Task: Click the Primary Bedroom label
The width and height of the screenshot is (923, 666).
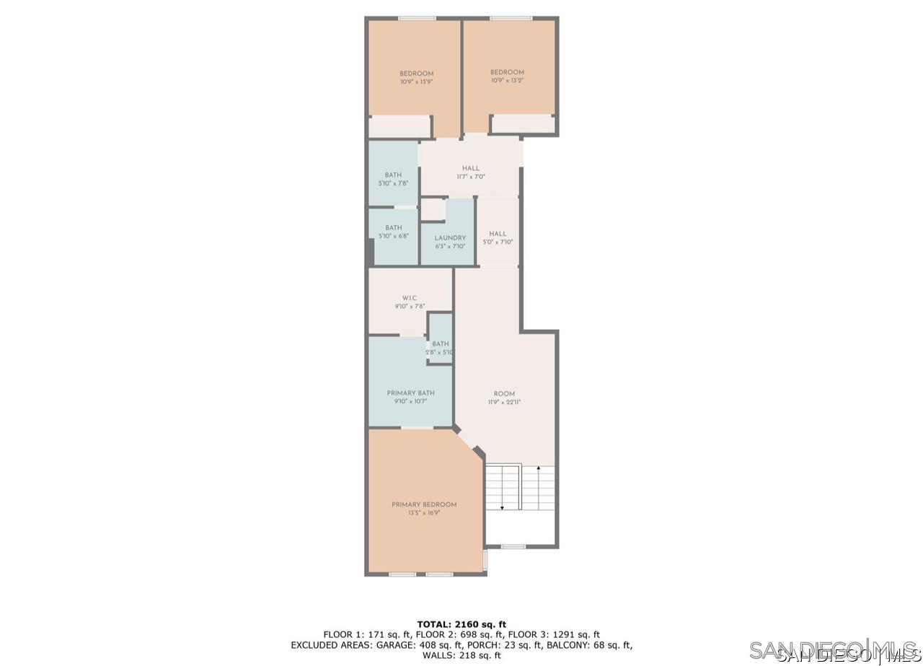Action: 424,504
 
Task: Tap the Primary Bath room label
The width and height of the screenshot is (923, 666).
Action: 410,393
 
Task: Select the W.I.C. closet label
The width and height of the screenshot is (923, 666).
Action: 410,298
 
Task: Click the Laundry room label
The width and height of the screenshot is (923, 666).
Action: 450,238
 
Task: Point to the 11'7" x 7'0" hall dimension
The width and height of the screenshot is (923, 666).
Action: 470,177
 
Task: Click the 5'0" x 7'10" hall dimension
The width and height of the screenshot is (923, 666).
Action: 498,242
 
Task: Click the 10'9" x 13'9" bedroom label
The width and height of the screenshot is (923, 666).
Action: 416,82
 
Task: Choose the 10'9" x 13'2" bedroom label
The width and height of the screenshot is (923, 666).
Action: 507,81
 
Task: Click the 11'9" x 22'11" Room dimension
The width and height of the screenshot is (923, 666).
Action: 504,403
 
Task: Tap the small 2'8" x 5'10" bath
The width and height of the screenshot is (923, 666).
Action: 440,348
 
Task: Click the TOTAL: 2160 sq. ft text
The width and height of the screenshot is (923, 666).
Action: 461,624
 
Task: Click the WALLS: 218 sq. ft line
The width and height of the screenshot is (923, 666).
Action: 461,655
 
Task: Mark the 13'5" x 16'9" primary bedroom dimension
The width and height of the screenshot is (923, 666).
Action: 424,513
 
